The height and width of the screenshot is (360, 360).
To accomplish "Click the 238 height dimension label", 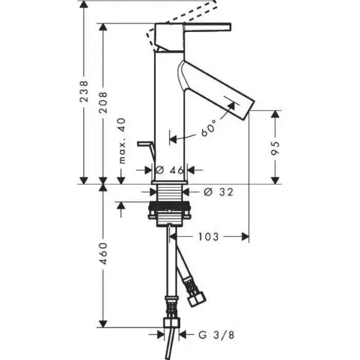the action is click(84, 92).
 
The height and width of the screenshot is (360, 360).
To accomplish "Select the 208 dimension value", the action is click(103, 102).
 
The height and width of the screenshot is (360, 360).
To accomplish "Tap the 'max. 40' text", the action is click(122, 141).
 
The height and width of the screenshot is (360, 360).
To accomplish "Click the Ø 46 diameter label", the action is click(170, 170).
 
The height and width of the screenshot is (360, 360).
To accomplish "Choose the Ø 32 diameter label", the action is click(219, 192).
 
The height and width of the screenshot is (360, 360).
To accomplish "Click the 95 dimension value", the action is click(275, 148).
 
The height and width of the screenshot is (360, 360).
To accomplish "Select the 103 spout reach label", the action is click(208, 237).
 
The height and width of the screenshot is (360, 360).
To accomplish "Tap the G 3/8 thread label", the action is click(217, 335).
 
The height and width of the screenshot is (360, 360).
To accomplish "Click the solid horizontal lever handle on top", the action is click(207, 27).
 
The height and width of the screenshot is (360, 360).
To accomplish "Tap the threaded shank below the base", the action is click(169, 193).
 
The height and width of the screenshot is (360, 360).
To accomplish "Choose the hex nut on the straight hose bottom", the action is click(172, 322).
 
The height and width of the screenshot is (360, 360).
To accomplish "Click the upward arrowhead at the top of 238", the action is click(84, 5).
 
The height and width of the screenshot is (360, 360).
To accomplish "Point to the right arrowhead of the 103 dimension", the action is click(245, 237).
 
